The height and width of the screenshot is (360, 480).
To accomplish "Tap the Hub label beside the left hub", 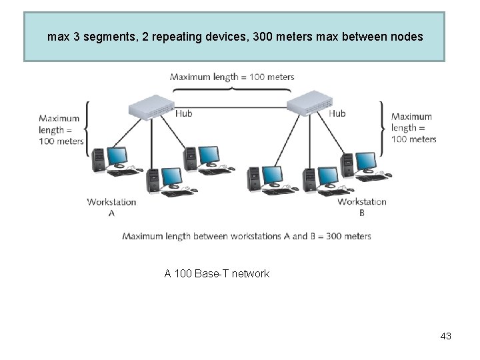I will click(x=183, y=114).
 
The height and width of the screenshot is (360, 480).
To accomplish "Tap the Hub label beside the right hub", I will click(x=337, y=113).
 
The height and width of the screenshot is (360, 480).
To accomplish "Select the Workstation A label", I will click(x=111, y=207).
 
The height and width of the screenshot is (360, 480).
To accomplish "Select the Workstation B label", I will click(x=362, y=207).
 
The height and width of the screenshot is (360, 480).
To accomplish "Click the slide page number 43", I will click(x=445, y=336).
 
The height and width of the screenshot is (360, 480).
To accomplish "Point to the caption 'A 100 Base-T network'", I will click(x=217, y=273).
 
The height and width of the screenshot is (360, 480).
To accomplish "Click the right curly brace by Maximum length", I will click(x=382, y=128).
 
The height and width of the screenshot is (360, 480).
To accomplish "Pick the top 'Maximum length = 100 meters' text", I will click(x=232, y=77).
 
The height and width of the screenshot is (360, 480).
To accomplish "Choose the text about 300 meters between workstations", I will click(x=247, y=236).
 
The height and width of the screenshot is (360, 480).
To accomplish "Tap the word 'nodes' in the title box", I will click(x=405, y=37).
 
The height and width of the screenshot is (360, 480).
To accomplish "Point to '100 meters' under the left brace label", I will click(x=61, y=141).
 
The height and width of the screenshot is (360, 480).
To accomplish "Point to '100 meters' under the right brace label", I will click(x=413, y=139).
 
